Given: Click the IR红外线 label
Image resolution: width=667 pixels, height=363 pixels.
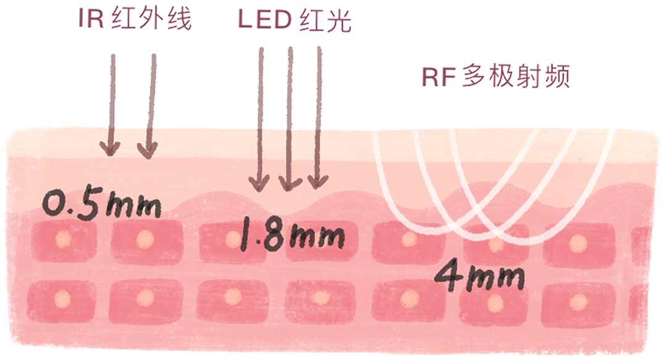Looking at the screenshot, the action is click(x=135, y=20).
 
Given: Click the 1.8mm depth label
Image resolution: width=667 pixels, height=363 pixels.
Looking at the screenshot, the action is click(x=290, y=236).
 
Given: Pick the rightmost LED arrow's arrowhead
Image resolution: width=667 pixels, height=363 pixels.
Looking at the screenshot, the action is click(x=317, y=181).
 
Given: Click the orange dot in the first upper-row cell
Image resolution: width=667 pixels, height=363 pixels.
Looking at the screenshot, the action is click(x=62, y=238).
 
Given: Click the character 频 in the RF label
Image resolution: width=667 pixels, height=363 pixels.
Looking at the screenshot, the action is click(x=555, y=78).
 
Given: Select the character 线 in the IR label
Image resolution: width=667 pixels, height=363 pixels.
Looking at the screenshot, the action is click(x=178, y=20).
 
